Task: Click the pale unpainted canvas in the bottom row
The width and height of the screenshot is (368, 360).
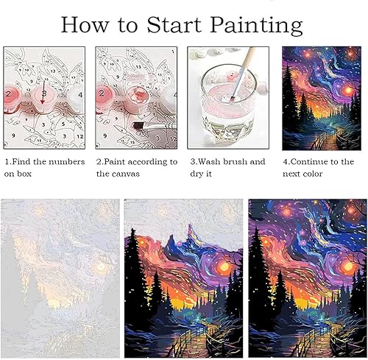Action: pyautogui.click(x=60, y=278)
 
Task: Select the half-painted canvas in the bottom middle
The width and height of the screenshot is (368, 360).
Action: pyautogui.click(x=183, y=278)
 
